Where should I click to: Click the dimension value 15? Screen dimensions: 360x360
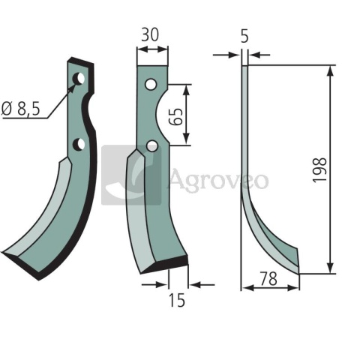pyautogui.click(x=177, y=301)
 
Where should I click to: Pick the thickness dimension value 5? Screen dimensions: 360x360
pyautogui.click(x=244, y=35)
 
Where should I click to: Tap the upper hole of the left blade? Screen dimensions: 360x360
pyautogui.click(x=77, y=78)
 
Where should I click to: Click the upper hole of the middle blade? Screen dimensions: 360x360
pyautogui.click(x=151, y=84)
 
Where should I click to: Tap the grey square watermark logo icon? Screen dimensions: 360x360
pyautogui.click(x=131, y=175)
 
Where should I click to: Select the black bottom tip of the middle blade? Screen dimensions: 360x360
pyautogui.click(x=168, y=265)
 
